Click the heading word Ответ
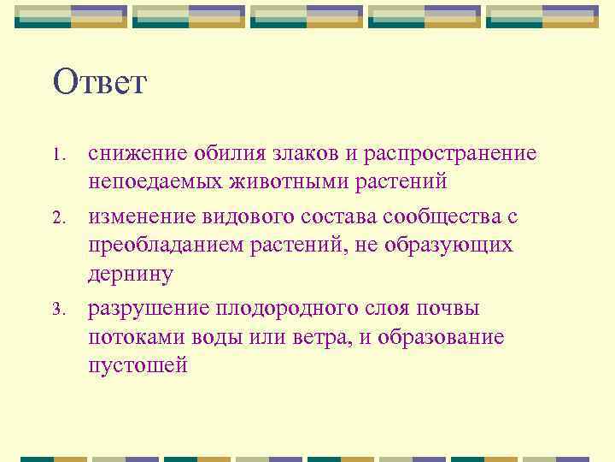click(x=100, y=83)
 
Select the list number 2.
click(x=58, y=219)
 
